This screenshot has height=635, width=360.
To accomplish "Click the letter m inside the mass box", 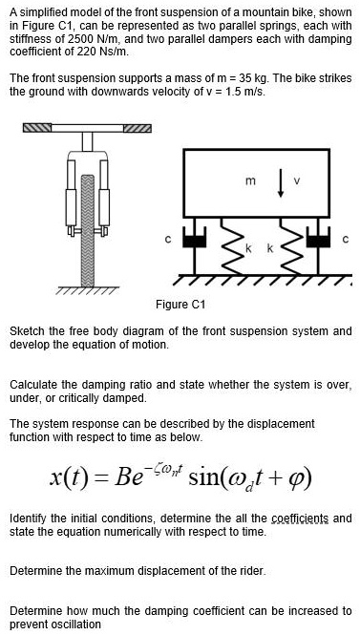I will (x=252, y=181).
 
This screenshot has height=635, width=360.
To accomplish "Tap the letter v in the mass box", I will (x=297, y=181).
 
